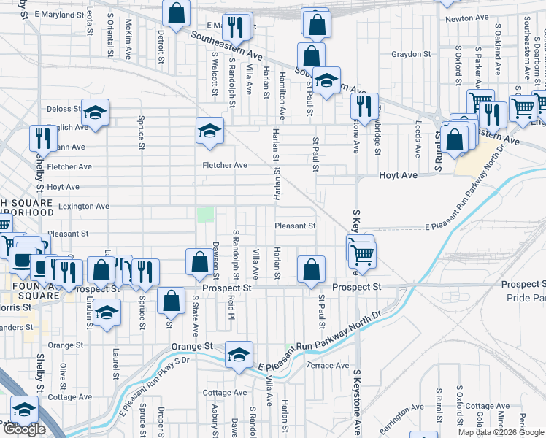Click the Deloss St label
[64, 109]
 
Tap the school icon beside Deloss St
[95, 112]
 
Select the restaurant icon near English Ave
[44, 139]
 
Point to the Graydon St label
[411, 54]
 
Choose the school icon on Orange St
[239, 355]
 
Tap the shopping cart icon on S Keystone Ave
[362, 253]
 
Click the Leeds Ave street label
[418, 139]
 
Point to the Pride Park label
[526, 299]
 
